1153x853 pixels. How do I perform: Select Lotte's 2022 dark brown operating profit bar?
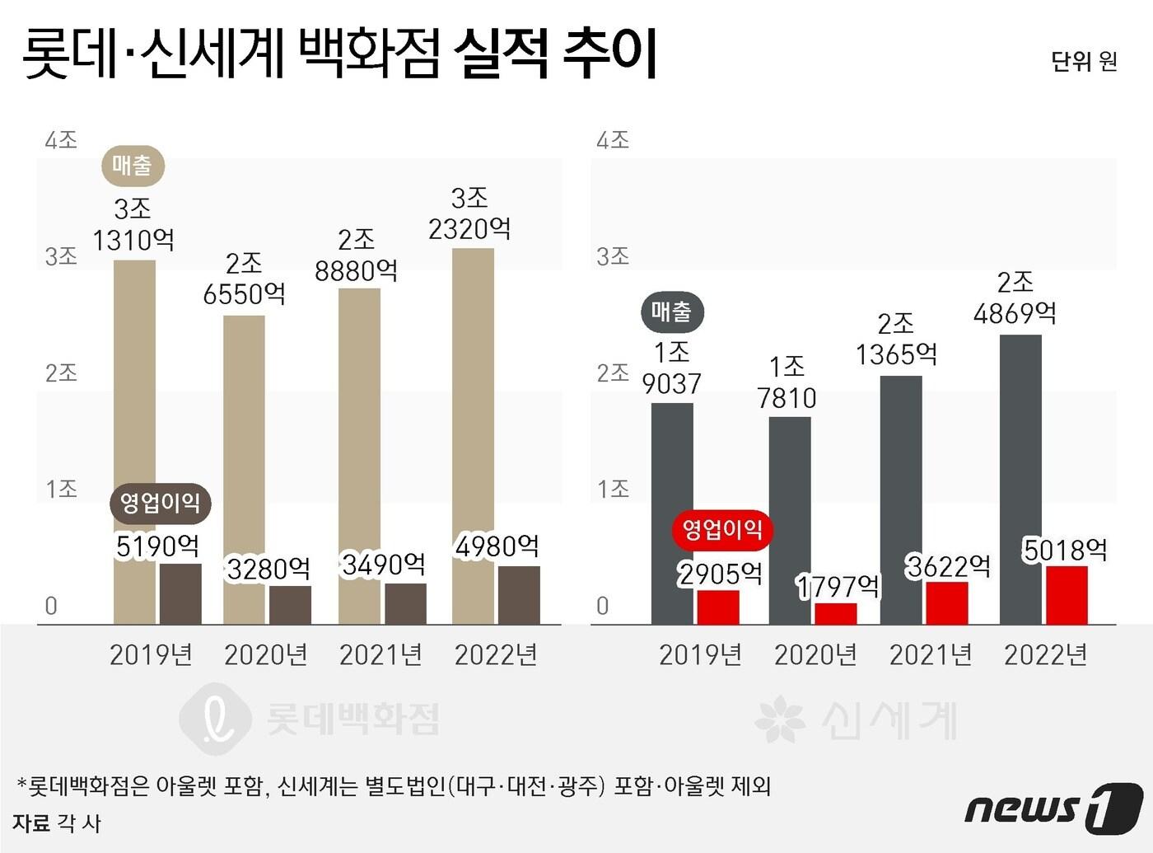coord(519,595)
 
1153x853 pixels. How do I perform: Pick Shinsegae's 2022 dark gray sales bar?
coord(1020,478)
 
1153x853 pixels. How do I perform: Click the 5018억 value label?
coord(1065,550)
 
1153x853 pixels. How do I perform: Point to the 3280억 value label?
coord(268,569)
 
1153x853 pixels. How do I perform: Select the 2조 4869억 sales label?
coord(1015,298)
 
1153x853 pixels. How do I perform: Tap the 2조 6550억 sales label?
coord(244,279)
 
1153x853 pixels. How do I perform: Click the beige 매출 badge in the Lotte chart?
coord(133,166)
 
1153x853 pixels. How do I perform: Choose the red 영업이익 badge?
coord(722,529)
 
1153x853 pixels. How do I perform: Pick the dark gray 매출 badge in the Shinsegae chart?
coord(672,312)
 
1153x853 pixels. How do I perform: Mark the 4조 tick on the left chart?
coord(61,140)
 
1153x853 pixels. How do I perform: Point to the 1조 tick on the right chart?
coord(613,490)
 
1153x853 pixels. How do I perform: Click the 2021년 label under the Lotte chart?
coord(380,655)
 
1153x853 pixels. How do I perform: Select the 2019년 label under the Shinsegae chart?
coord(700,655)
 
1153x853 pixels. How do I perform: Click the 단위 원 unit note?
coord(1083,62)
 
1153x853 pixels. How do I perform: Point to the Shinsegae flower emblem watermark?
coord(779,719)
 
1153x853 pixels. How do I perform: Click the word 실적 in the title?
coord(500,54)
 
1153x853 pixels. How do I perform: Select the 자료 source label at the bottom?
coord(31,823)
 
